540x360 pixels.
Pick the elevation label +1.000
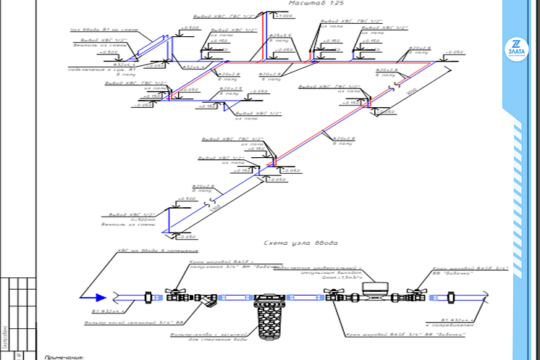coord(285,15)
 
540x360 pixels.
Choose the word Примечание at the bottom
coord(66,356)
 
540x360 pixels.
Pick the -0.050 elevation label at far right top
coord(453,52)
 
